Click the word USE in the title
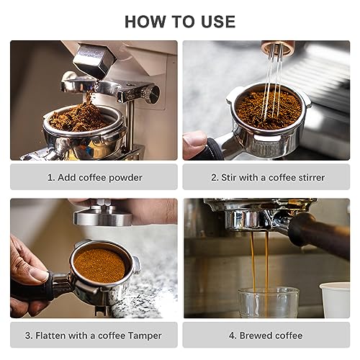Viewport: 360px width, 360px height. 215,22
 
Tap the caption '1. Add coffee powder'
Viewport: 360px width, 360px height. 94,177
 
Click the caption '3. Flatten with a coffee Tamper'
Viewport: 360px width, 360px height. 94,336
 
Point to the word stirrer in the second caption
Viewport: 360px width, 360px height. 308,177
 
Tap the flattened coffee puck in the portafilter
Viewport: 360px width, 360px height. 99,265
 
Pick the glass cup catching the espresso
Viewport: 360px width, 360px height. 269,302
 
